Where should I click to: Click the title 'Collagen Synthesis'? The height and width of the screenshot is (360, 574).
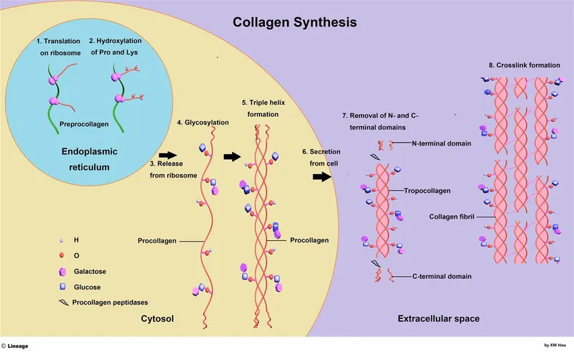coord(294,22)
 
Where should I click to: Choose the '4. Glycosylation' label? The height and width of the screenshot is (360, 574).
coord(203,123)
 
